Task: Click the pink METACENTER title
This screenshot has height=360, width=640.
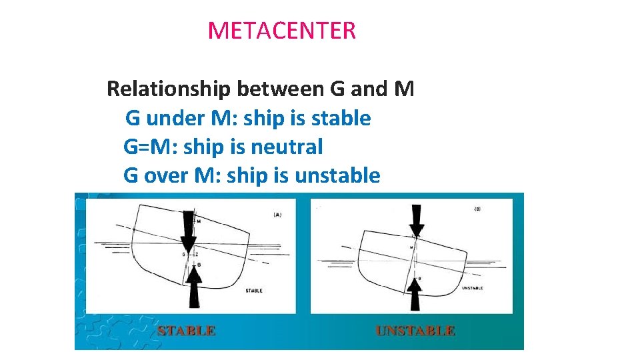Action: pos(281,31)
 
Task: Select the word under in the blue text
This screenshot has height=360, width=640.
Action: pos(177,119)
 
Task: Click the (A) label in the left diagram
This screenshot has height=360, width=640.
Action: pos(277,215)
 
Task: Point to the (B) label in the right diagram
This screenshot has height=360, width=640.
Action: pos(477,209)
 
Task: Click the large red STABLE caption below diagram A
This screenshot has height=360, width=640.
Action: pos(186,331)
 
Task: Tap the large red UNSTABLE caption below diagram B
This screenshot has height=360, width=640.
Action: pos(415,331)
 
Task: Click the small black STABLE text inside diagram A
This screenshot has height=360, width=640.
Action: pos(253,291)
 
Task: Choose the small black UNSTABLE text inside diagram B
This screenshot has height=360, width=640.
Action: pos(472,288)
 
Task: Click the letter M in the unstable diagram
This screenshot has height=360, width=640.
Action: pos(411,247)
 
